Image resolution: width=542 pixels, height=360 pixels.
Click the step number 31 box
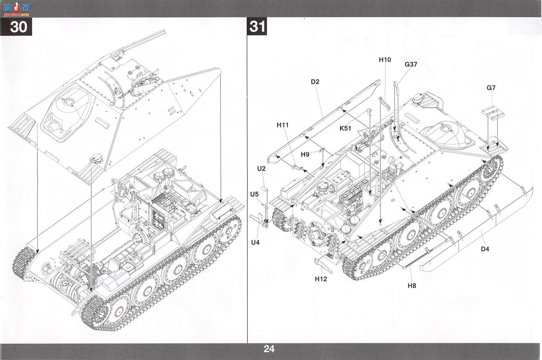[257, 26]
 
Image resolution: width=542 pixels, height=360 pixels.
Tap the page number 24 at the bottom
[269, 349]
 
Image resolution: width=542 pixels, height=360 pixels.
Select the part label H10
[385, 60]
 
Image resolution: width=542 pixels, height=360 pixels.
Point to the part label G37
[411, 64]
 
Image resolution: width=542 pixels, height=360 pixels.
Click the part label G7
[491, 88]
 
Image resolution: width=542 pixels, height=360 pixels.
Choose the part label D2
[315, 82]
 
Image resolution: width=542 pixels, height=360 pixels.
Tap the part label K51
[345, 128]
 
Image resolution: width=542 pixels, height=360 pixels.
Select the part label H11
[283, 125]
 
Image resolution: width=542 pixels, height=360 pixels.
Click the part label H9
[305, 155]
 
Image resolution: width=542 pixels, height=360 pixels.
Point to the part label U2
[261, 169]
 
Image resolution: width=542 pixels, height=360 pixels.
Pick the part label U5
[254, 194]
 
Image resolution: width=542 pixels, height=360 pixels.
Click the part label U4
[255, 242]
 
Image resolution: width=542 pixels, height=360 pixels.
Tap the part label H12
[321, 279]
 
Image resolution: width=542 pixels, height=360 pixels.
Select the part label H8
[412, 286]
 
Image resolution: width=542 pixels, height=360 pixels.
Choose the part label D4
[485, 249]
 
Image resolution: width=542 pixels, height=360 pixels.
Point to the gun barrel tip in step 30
[165, 31]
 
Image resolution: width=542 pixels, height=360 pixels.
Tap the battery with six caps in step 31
[338, 179]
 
